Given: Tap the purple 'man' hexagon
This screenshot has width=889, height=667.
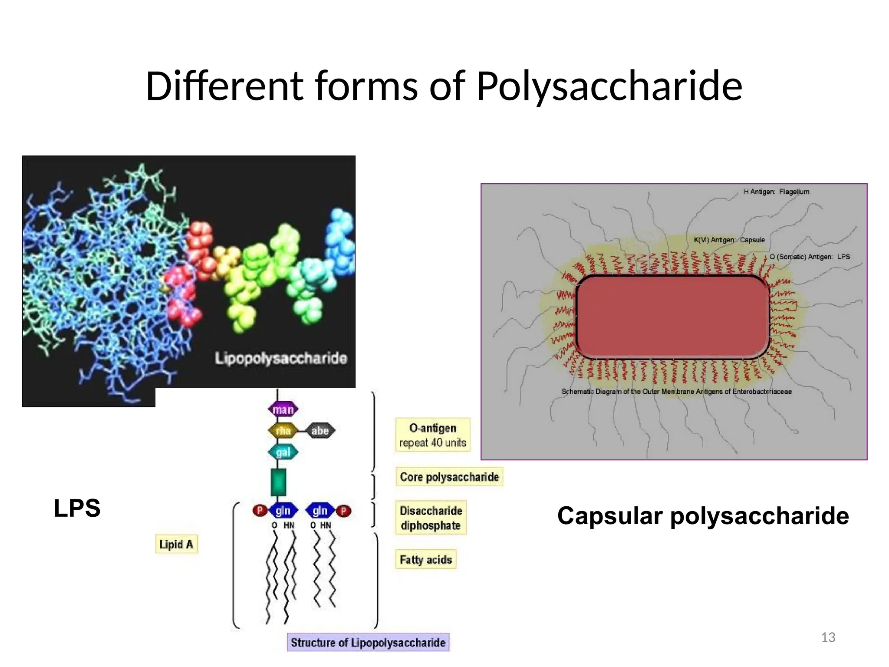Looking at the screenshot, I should (x=283, y=409).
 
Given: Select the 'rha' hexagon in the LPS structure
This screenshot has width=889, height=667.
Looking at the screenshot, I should (x=283, y=431).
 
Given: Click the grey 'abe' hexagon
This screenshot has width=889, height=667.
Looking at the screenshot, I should (x=320, y=431).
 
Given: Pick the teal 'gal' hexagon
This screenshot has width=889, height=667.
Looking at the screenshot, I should (x=283, y=452).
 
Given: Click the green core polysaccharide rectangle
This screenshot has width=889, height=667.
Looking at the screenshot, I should (x=279, y=482).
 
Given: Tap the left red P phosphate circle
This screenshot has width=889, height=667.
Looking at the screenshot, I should (x=260, y=510).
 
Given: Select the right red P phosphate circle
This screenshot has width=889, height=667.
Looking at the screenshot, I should (x=344, y=511).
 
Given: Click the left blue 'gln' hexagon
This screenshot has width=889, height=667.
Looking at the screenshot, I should (x=283, y=511).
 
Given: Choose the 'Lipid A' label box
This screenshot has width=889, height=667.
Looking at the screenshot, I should (x=176, y=544).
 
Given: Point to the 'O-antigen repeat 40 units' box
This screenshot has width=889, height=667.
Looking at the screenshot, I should (x=433, y=435).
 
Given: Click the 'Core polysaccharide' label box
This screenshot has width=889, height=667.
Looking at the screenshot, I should (x=449, y=477).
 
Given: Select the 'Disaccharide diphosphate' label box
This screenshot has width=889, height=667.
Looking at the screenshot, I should (x=431, y=518).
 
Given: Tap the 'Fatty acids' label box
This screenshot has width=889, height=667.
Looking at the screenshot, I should (x=426, y=560).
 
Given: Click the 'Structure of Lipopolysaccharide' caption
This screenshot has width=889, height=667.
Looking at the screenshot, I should (x=368, y=643).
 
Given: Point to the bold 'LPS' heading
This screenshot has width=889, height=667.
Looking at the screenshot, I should (x=77, y=508).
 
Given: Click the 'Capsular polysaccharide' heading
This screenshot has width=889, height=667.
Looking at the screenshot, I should (x=703, y=516).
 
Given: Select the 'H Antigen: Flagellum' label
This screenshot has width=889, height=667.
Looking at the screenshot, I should (x=776, y=192).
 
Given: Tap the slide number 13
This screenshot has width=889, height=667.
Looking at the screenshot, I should (x=828, y=637).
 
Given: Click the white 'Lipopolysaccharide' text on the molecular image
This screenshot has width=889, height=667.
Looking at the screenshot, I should (x=281, y=359).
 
